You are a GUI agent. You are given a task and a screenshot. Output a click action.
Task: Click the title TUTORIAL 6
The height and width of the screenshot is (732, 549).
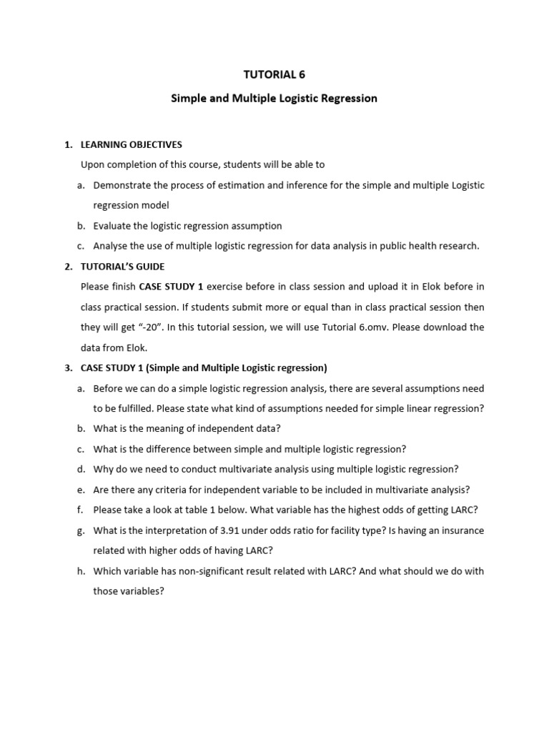(x=274, y=74)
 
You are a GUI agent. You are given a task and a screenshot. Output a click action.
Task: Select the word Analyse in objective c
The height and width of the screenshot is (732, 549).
(x=112, y=246)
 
